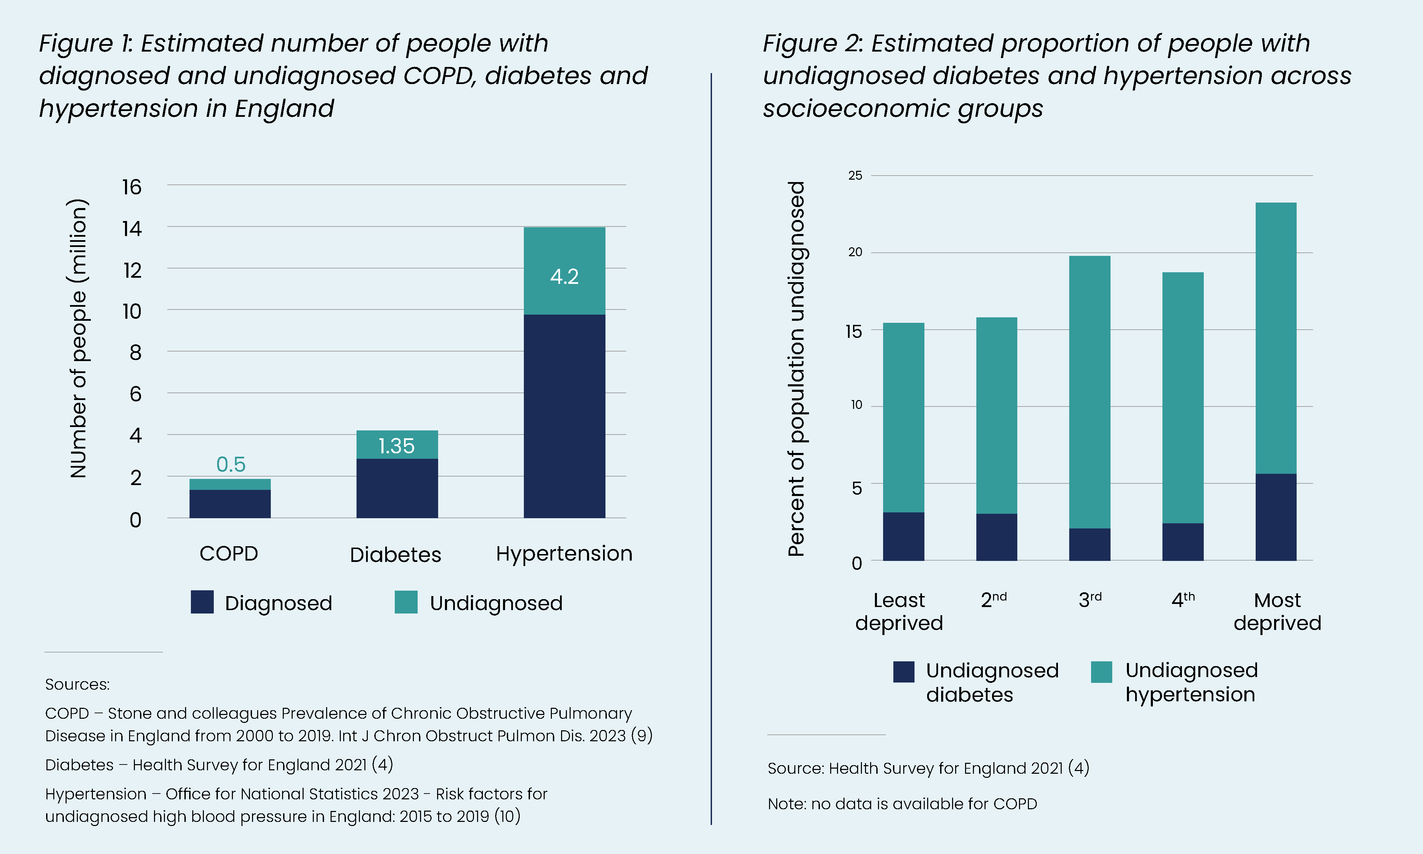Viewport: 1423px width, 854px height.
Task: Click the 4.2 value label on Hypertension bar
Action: (564, 277)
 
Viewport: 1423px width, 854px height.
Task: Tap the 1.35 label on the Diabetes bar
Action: (396, 446)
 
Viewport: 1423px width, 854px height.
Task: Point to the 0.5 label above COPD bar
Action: (231, 465)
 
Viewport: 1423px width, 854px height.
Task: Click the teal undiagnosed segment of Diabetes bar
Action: (397, 444)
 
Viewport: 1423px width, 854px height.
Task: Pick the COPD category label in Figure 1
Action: (229, 554)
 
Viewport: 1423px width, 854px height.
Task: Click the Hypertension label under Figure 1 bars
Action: (564, 554)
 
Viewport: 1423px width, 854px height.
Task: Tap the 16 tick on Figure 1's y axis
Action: (132, 187)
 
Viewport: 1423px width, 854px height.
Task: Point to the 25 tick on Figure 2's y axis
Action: (855, 176)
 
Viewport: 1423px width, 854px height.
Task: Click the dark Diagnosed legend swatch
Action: (202, 602)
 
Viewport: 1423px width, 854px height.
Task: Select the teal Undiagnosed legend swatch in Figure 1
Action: (406, 602)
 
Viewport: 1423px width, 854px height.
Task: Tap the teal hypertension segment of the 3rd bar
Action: (1089, 391)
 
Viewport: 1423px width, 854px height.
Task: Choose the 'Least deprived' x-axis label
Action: (899, 612)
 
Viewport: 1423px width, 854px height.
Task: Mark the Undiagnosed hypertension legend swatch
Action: (1101, 672)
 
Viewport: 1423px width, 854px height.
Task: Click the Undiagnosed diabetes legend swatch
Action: (904, 672)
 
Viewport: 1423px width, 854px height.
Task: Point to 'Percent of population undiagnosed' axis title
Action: (797, 368)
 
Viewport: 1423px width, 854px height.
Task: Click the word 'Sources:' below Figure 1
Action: (77, 684)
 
